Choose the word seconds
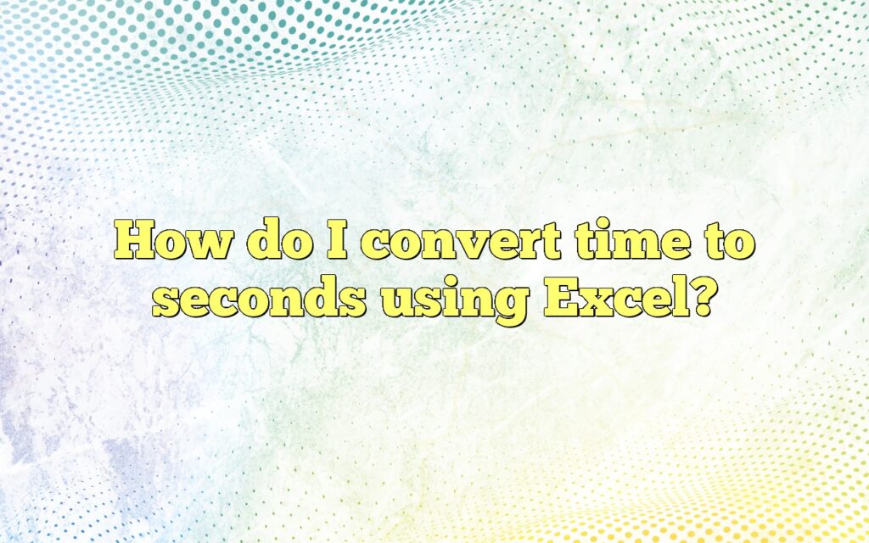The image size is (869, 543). (x=264, y=299)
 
